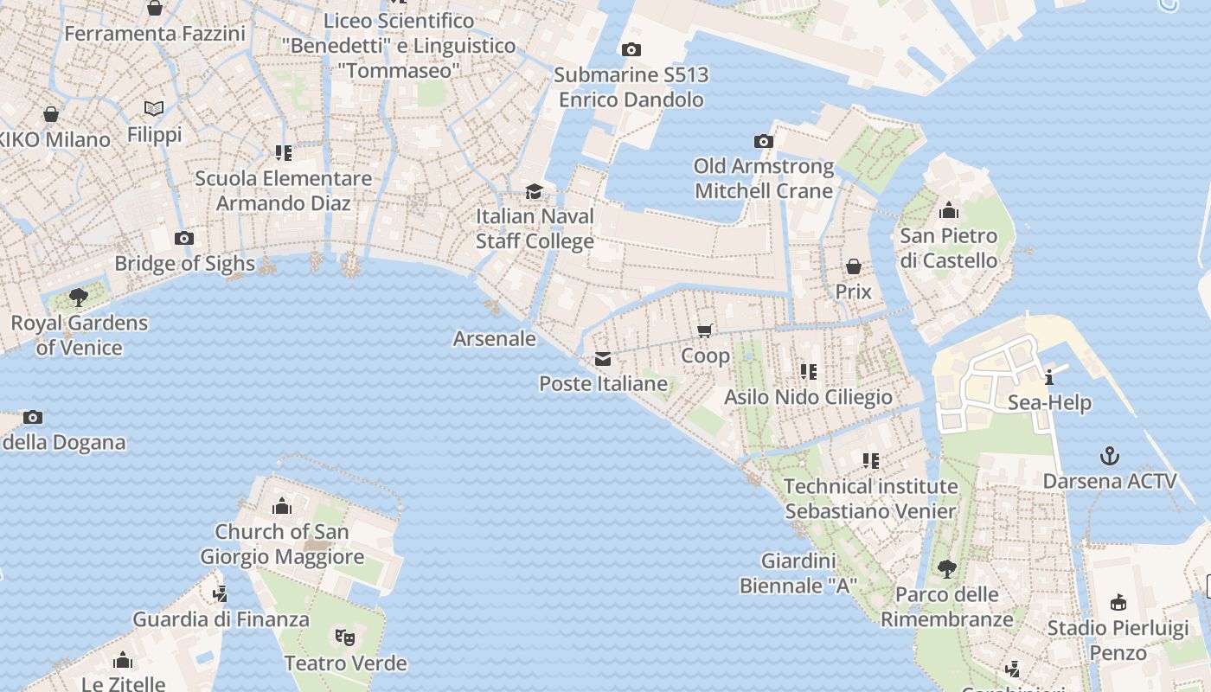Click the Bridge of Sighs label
pyautogui.click(x=184, y=264)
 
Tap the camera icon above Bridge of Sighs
pyautogui.click(x=183, y=239)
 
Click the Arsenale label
pyautogui.click(x=495, y=338)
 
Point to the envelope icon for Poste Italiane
pyautogui.click(x=603, y=359)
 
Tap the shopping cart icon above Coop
pyautogui.click(x=705, y=330)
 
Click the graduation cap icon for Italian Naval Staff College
pyautogui.click(x=535, y=191)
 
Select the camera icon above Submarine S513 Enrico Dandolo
pyautogui.click(x=631, y=50)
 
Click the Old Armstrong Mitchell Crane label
pyautogui.click(x=764, y=178)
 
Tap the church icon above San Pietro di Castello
pyautogui.click(x=949, y=210)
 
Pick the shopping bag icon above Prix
pyautogui.click(x=854, y=266)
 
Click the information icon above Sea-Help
pyautogui.click(x=1049, y=377)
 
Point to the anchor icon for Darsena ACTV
pyautogui.click(x=1109, y=456)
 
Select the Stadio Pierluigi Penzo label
pyautogui.click(x=1118, y=640)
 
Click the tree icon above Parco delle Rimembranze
pyautogui.click(x=947, y=569)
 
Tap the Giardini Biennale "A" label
pyautogui.click(x=798, y=573)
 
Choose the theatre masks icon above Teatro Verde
pyautogui.click(x=345, y=638)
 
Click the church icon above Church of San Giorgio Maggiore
pyautogui.click(x=282, y=507)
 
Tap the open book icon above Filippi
pyautogui.click(x=154, y=109)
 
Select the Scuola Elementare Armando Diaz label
pyautogui.click(x=284, y=191)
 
